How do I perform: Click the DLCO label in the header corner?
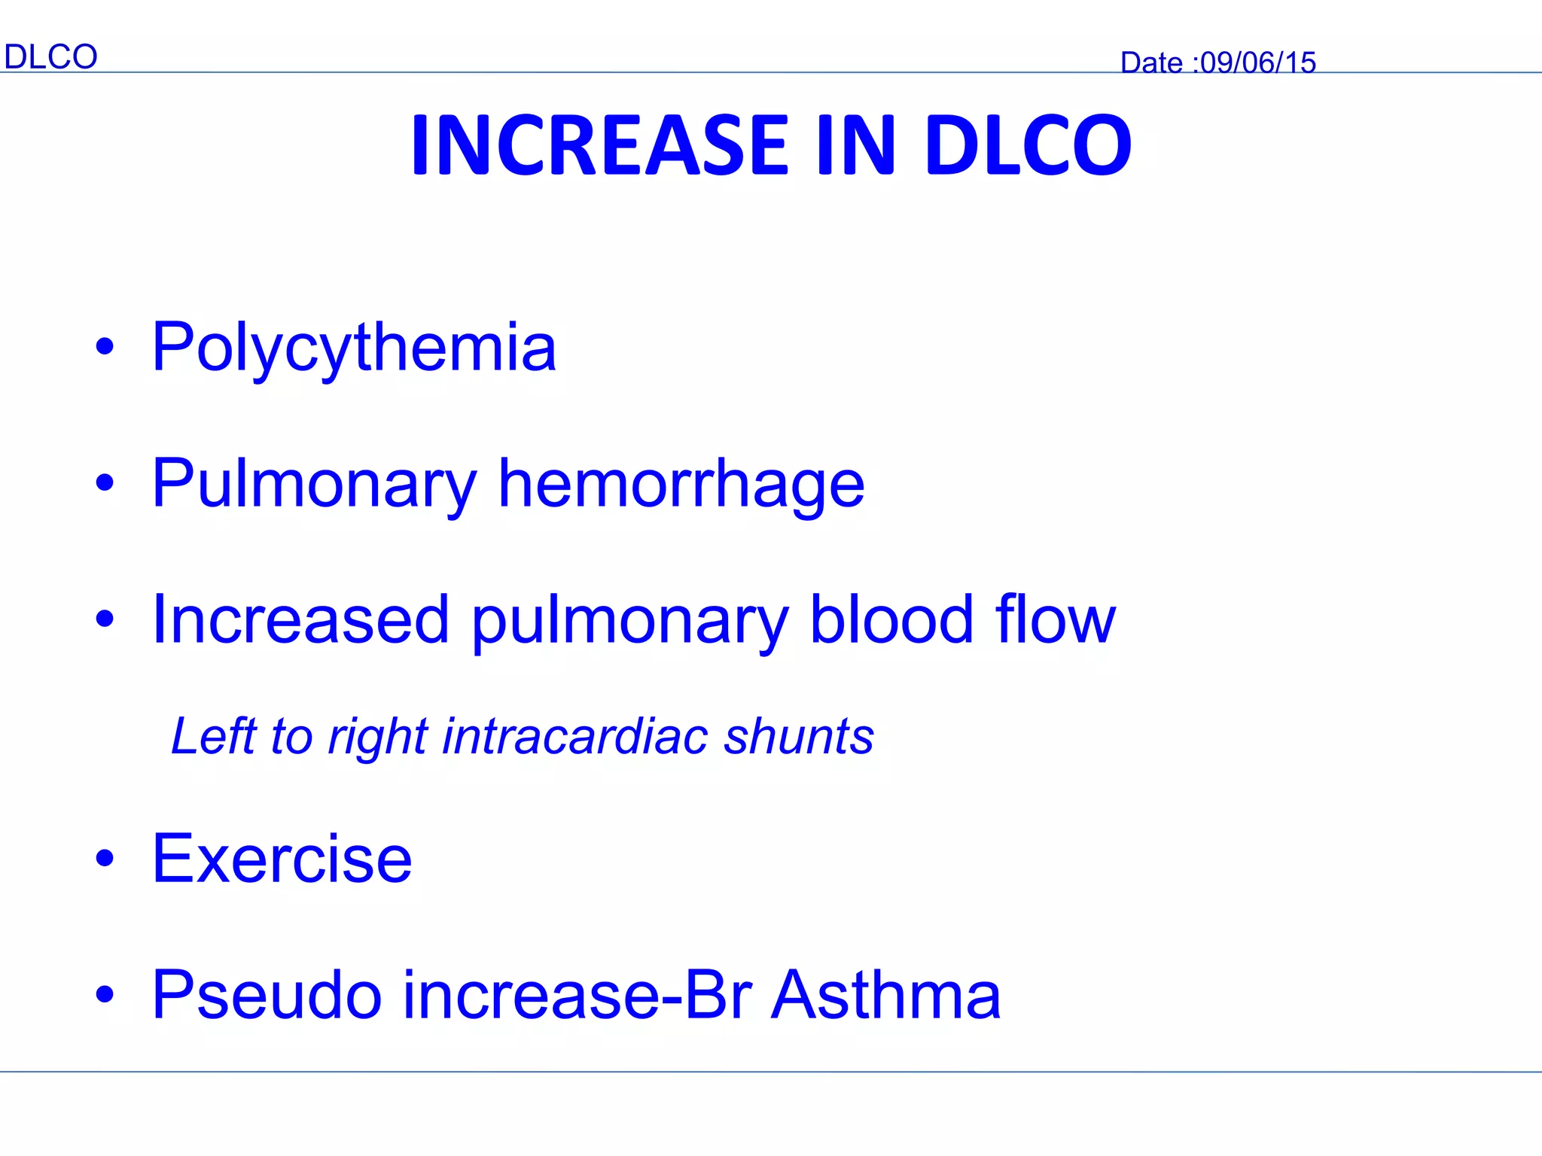50,57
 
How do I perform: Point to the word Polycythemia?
354,348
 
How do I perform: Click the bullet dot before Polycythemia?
105,347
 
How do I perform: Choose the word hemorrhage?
681,484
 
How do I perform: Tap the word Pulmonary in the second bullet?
314,485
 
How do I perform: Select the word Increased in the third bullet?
300,620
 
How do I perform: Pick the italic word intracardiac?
574,736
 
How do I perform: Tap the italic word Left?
214,736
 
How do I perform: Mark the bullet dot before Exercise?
105,858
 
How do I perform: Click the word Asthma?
886,995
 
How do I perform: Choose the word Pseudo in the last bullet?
267,995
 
